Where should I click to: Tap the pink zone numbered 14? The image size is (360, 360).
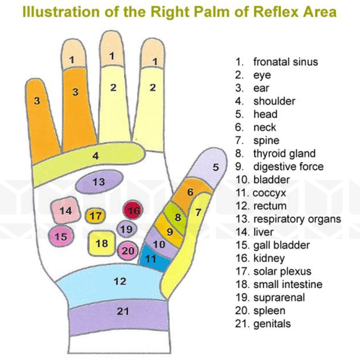pyautogui.click(x=66, y=211)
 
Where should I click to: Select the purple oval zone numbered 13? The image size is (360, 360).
pyautogui.click(x=99, y=182)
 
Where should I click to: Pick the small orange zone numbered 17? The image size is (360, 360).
pyautogui.click(x=95, y=216)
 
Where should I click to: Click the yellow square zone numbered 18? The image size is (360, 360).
pyautogui.click(x=102, y=243)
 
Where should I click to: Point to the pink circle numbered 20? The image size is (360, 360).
pyautogui.click(x=127, y=251)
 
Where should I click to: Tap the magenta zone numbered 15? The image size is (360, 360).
pyautogui.click(x=61, y=237)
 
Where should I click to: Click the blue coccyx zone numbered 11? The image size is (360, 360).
pyautogui.click(x=152, y=258)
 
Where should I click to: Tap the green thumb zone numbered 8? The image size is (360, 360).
pyautogui.click(x=177, y=217)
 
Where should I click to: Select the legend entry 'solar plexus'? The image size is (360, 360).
pyautogui.click(x=282, y=271)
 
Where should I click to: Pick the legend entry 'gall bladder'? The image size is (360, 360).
pyautogui.click(x=281, y=245)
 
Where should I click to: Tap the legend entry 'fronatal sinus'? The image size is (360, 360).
pyautogui.click(x=285, y=62)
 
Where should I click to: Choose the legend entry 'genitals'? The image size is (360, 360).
pyautogui.click(x=272, y=324)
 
